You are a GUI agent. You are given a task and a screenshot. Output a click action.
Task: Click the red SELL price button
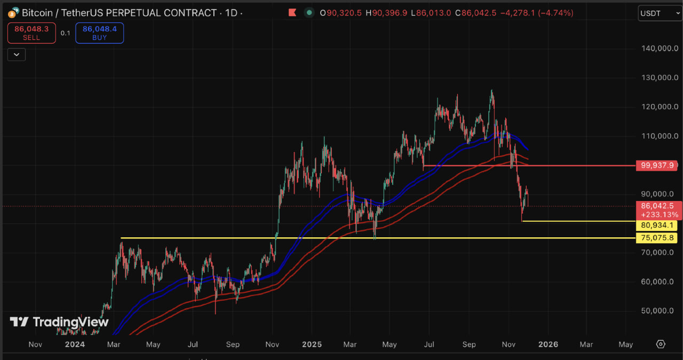point(31,33)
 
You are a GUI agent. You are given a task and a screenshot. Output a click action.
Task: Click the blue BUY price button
point(100,33)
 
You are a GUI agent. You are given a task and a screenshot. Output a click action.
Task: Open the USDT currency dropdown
point(660,12)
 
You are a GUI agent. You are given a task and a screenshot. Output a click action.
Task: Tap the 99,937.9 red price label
point(656,166)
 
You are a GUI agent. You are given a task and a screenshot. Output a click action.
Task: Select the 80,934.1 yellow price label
point(656,226)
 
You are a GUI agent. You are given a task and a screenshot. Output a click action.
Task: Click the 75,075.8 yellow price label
point(656,238)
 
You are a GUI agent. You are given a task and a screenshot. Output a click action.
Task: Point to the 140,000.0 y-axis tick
point(660,49)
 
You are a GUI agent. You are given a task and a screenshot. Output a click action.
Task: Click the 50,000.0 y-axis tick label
point(660,310)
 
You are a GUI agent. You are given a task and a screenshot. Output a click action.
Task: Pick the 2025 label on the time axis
point(312,345)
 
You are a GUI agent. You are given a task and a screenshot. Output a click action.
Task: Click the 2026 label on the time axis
point(548,345)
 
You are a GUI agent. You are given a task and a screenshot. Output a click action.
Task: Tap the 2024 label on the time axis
point(75,345)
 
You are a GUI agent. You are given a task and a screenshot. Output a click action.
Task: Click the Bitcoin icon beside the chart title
point(15,12)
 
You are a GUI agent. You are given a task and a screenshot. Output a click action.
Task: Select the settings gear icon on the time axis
point(661,344)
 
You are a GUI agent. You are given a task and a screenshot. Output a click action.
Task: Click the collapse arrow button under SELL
point(17,54)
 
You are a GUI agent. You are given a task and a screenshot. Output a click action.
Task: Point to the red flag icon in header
point(292,12)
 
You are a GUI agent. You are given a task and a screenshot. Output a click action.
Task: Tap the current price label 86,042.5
point(656,205)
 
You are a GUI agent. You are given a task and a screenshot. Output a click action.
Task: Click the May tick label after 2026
point(625,345)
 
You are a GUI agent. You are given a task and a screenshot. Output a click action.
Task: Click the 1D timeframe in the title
point(231,12)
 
